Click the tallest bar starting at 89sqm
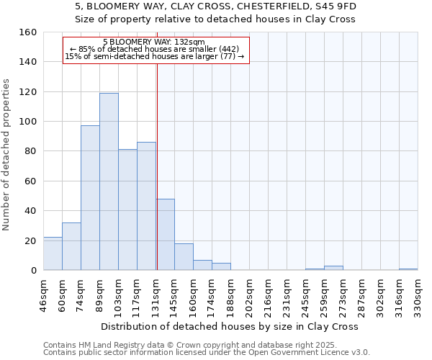(109, 181)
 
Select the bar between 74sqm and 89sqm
(90, 198)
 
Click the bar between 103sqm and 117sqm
(127, 210)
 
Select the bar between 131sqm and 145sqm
(165, 235)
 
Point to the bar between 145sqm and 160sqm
(184, 257)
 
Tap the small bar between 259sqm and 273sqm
(333, 268)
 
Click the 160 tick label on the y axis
(27, 32)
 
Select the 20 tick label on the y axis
(30, 240)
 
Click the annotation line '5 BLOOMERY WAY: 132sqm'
(154, 42)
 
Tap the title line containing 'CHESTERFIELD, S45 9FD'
(216, 6)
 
